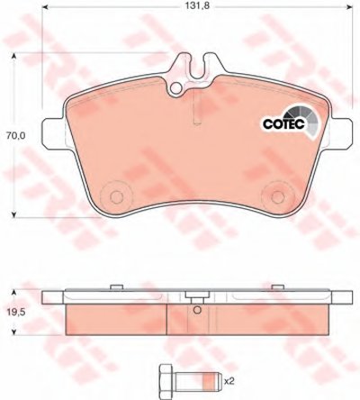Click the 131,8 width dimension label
(196, 6)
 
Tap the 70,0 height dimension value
(15, 136)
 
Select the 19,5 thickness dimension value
(15, 313)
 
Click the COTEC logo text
(283, 123)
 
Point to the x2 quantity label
(229, 382)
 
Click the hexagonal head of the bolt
(166, 378)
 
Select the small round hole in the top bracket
(176, 88)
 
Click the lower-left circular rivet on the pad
(116, 197)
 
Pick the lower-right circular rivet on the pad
(277, 197)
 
